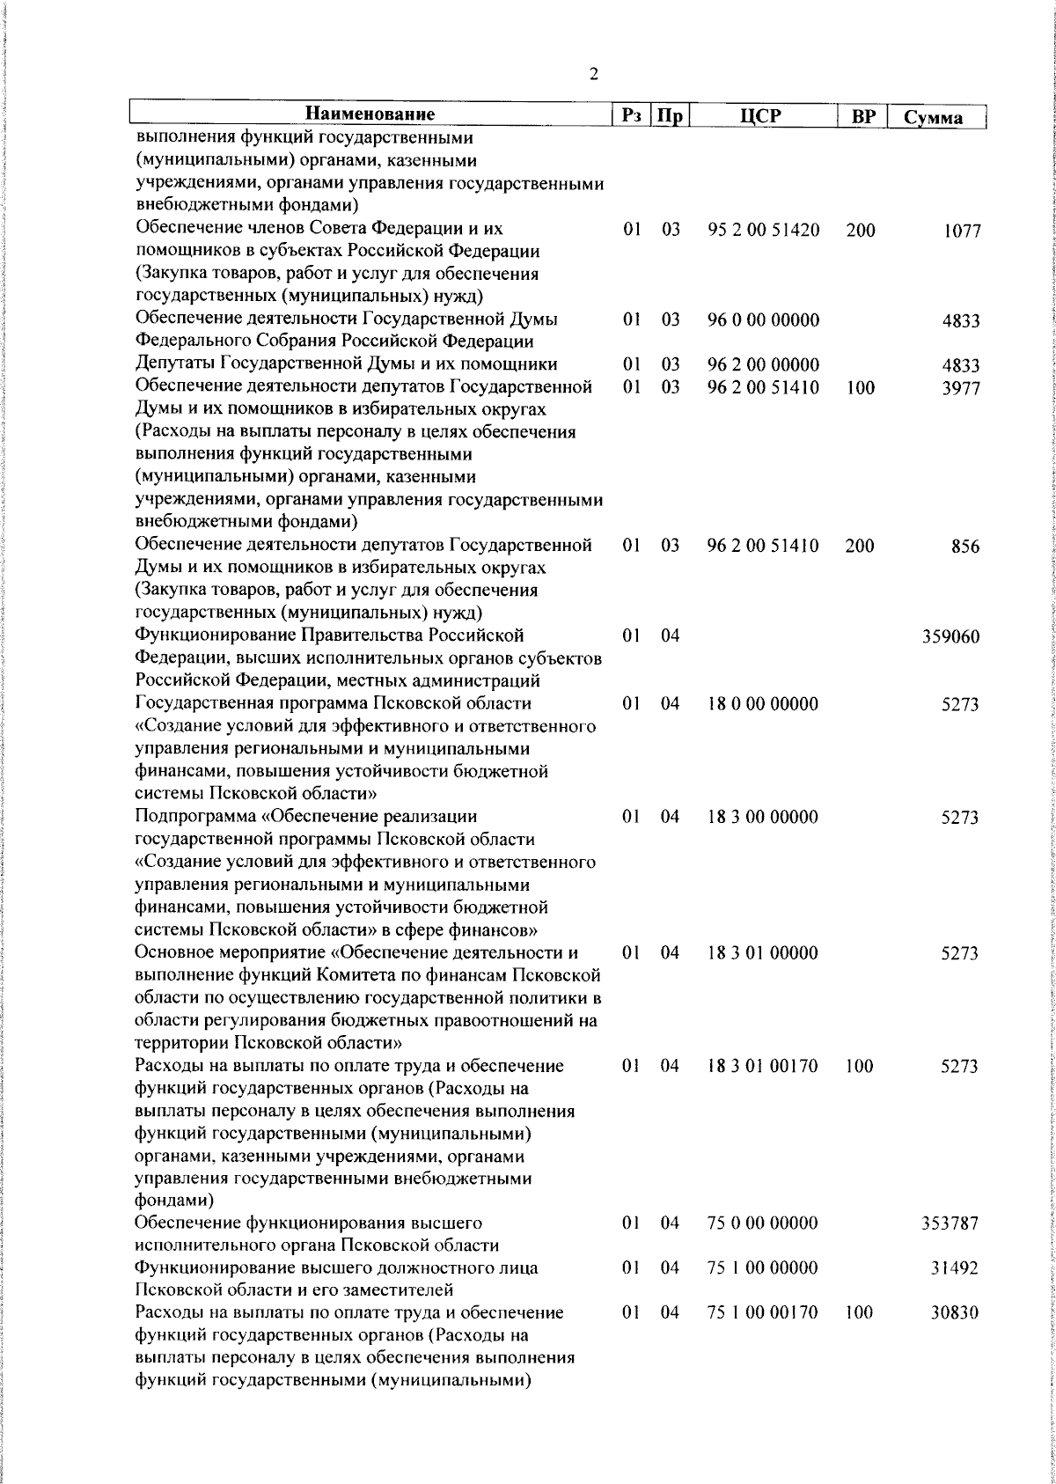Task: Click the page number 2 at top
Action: [594, 74]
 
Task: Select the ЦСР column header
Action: [761, 116]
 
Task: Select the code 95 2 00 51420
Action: [763, 230]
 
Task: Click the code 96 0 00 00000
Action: [763, 320]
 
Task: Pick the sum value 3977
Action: [961, 388]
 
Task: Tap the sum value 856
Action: [965, 547]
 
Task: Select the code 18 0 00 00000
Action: [762, 703]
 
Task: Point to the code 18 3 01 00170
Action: [762, 1066]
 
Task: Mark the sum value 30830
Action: [955, 1313]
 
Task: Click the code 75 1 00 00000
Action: [762, 1267]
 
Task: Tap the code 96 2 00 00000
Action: [763, 364]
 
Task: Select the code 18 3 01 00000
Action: [762, 952]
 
